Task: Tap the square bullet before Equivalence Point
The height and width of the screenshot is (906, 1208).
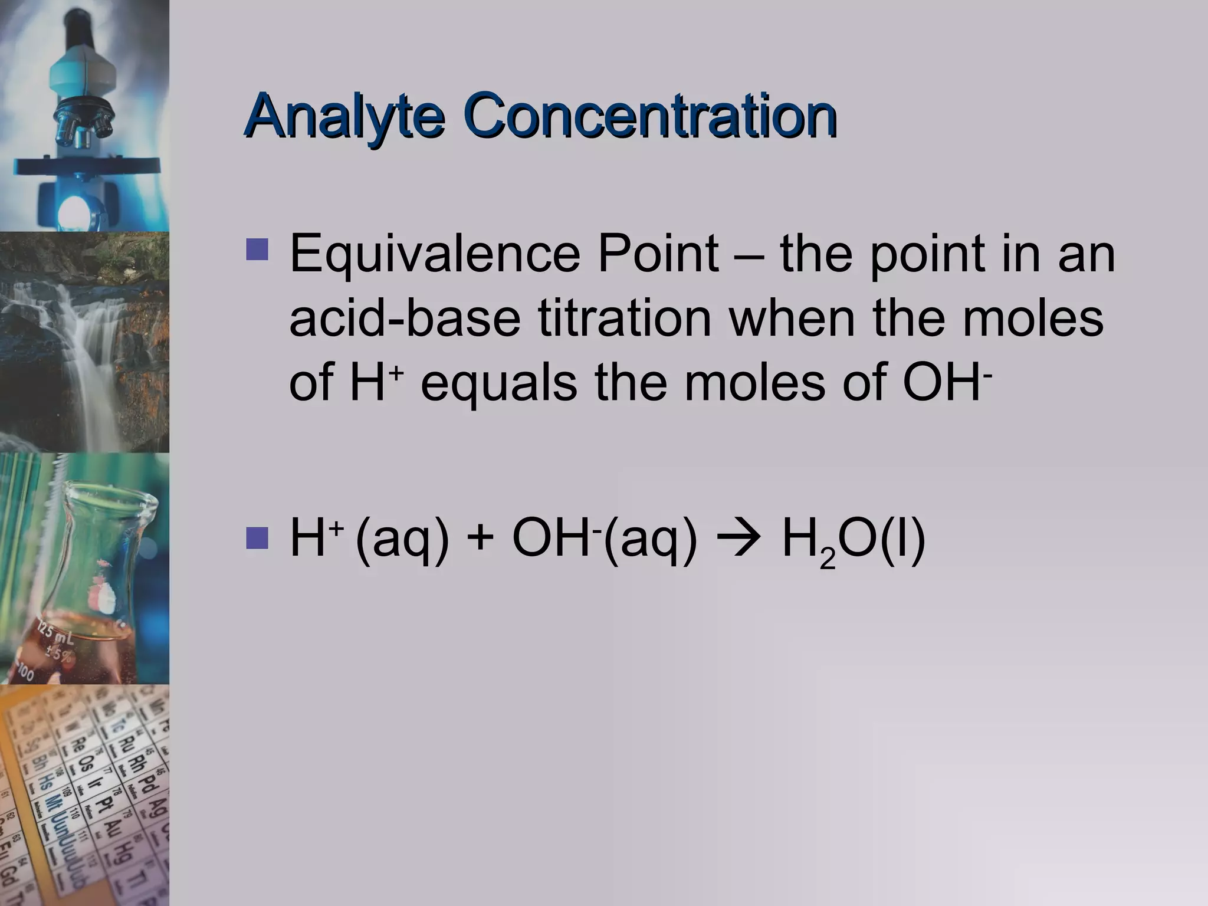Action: click(x=257, y=250)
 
